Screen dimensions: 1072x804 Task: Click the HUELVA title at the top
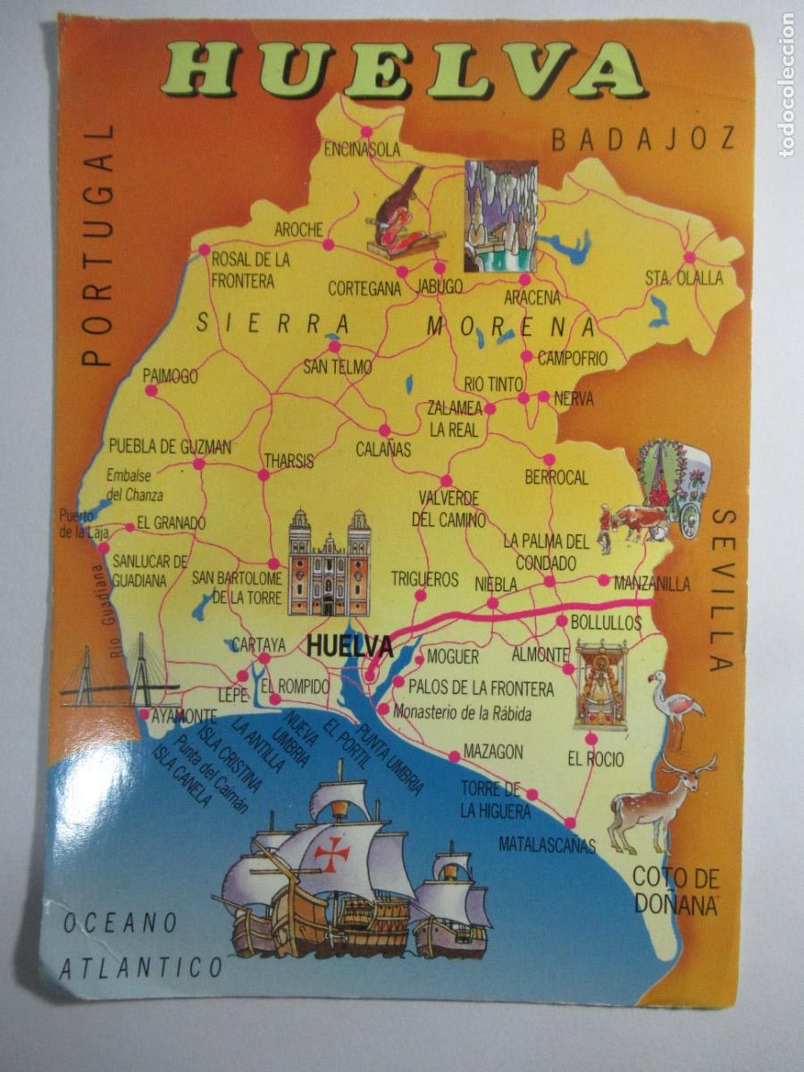pos(405,71)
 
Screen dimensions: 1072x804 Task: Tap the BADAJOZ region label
pos(643,139)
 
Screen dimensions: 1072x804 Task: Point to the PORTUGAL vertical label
pos(100,246)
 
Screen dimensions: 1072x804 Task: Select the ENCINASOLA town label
pos(362,149)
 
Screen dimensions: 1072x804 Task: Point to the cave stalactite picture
pos(499,215)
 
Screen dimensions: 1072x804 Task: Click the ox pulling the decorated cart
pos(628,522)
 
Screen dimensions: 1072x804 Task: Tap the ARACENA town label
pos(532,297)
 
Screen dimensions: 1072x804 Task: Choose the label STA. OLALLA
pos(683,278)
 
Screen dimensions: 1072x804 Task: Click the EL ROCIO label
pos(595,760)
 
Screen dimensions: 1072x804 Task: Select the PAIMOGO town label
pos(170,377)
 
